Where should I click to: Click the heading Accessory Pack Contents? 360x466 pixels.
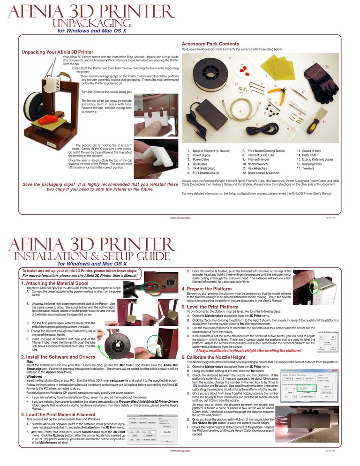click(x=210, y=44)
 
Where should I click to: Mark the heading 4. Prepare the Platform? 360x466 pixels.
click(x=206, y=289)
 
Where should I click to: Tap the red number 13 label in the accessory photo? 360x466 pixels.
click(x=327, y=67)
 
